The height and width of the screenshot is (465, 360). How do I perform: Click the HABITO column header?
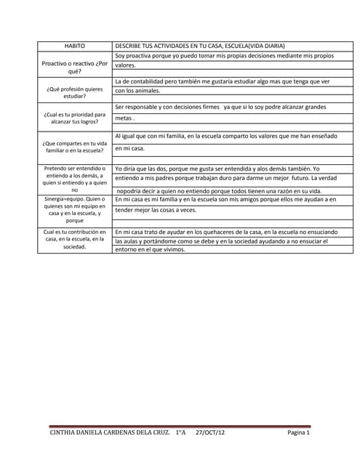click(75, 45)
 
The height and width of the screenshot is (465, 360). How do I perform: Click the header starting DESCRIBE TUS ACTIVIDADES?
click(200, 45)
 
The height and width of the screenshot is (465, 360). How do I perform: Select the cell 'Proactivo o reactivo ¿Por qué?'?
click(75, 68)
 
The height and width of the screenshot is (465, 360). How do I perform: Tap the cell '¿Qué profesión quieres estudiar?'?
click(75, 92)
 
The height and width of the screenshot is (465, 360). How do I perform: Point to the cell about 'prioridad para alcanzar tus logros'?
click(75, 118)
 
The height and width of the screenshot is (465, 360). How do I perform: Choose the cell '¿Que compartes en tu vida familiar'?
click(75, 147)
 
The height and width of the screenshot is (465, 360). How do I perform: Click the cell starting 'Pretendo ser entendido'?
click(75, 179)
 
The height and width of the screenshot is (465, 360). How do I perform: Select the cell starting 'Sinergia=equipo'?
click(75, 209)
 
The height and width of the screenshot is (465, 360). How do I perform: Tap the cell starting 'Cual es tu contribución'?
click(75, 239)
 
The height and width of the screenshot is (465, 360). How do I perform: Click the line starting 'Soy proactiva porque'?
click(224, 55)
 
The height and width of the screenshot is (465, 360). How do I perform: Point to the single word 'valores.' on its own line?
click(126, 65)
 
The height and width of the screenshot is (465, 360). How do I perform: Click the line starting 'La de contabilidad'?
click(222, 81)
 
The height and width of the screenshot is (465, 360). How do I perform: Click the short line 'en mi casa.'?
click(130, 148)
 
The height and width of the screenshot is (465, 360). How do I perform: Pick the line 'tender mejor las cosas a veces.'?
click(156, 210)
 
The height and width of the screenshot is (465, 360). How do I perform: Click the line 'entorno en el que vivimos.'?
click(150, 249)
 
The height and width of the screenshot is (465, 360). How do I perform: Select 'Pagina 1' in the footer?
click(298, 433)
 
